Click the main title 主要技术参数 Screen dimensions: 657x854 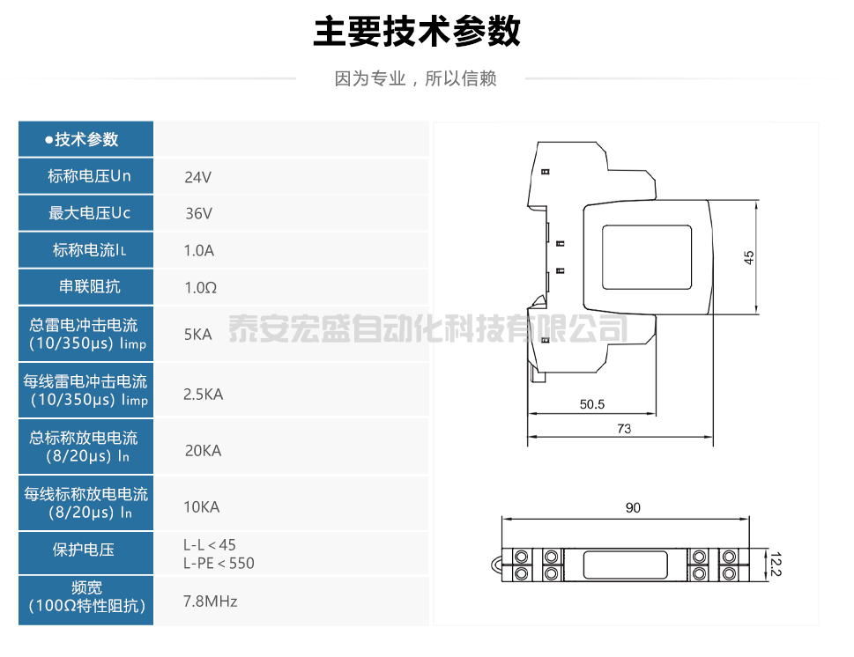(x=417, y=31)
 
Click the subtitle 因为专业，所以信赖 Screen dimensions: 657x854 (x=416, y=79)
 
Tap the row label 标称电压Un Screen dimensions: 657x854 (x=89, y=176)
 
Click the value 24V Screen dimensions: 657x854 (x=197, y=177)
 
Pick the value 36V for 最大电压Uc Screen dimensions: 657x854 (x=197, y=213)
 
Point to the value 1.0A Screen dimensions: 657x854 (x=198, y=250)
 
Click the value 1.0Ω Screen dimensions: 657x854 (x=200, y=287)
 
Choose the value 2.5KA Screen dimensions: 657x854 (x=203, y=395)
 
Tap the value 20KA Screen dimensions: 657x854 (x=203, y=451)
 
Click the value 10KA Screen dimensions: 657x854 (x=201, y=507)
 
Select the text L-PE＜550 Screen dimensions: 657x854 (x=219, y=563)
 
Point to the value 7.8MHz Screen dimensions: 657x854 (x=210, y=602)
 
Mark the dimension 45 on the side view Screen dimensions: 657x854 (x=749, y=257)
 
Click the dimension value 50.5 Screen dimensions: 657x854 (x=591, y=405)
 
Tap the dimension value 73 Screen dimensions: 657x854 (x=624, y=429)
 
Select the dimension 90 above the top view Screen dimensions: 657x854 (x=633, y=507)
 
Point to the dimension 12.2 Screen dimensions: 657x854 (x=775, y=564)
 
